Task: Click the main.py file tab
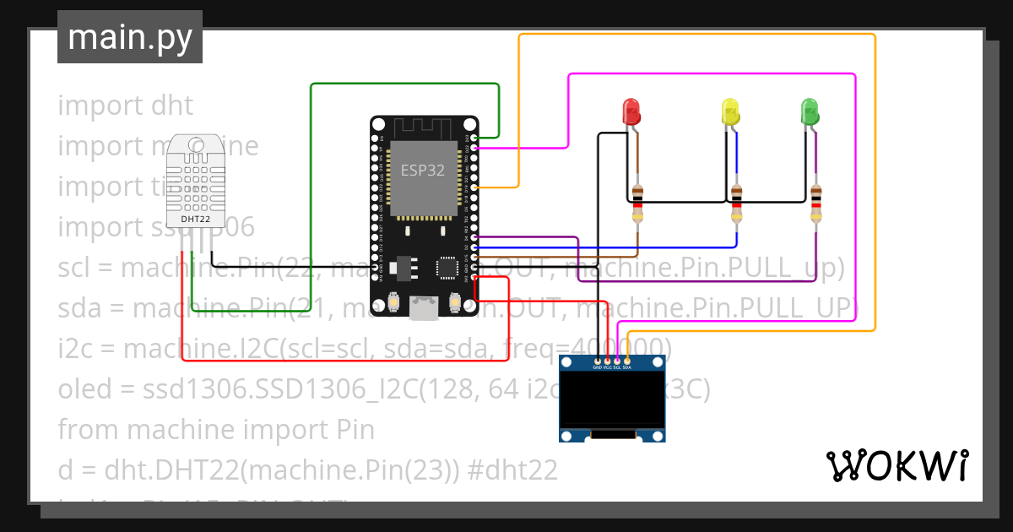click(x=129, y=37)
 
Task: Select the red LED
click(x=631, y=111)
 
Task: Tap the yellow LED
click(x=729, y=111)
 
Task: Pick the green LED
click(x=809, y=111)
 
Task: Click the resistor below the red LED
click(x=637, y=204)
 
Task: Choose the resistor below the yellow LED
click(x=737, y=204)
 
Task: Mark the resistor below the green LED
click(x=815, y=204)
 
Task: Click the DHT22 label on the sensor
click(x=196, y=220)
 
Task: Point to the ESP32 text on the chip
click(x=422, y=169)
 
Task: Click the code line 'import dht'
click(x=125, y=106)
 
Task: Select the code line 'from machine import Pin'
click(x=215, y=429)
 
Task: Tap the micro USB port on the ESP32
click(x=423, y=308)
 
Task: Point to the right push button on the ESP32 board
click(x=454, y=301)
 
